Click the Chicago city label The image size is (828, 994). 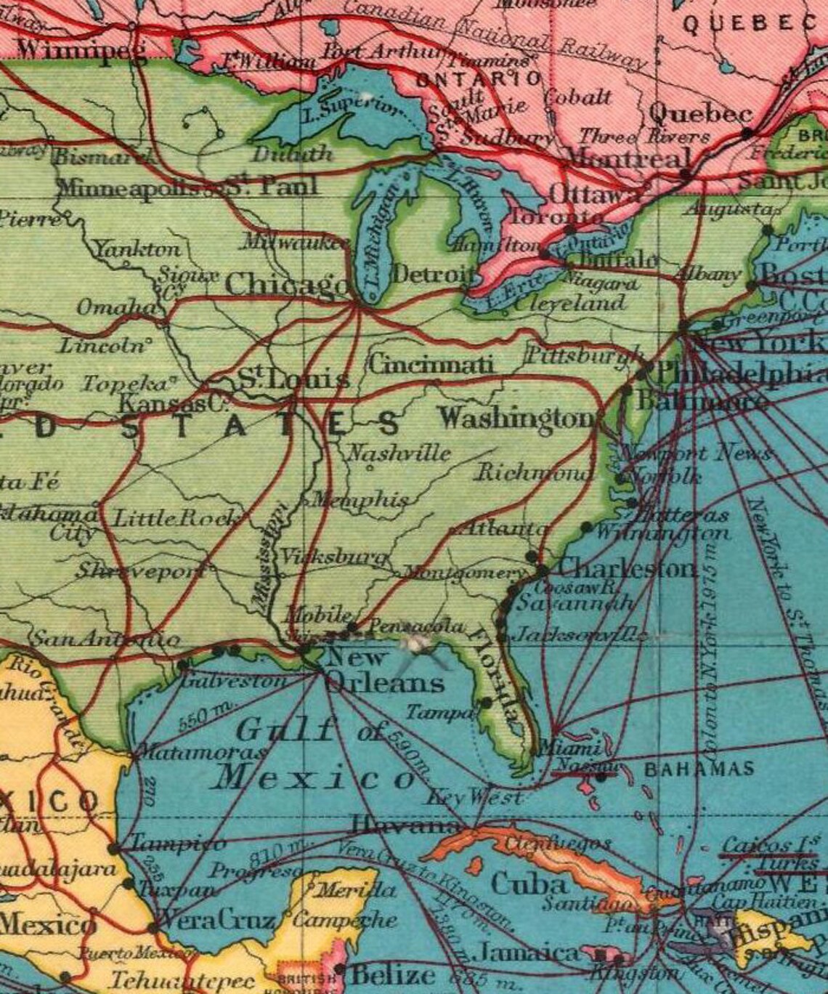click(286, 284)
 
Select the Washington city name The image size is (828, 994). click(517, 419)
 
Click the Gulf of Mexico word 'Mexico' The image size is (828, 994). click(317, 778)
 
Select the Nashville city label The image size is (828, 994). click(399, 453)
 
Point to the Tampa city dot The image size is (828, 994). click(486, 703)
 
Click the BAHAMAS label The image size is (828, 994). click(699, 769)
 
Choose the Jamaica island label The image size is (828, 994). click(528, 953)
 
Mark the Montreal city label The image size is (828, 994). click(628, 158)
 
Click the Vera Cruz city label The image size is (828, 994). click(216, 921)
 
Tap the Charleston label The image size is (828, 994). click(627, 567)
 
